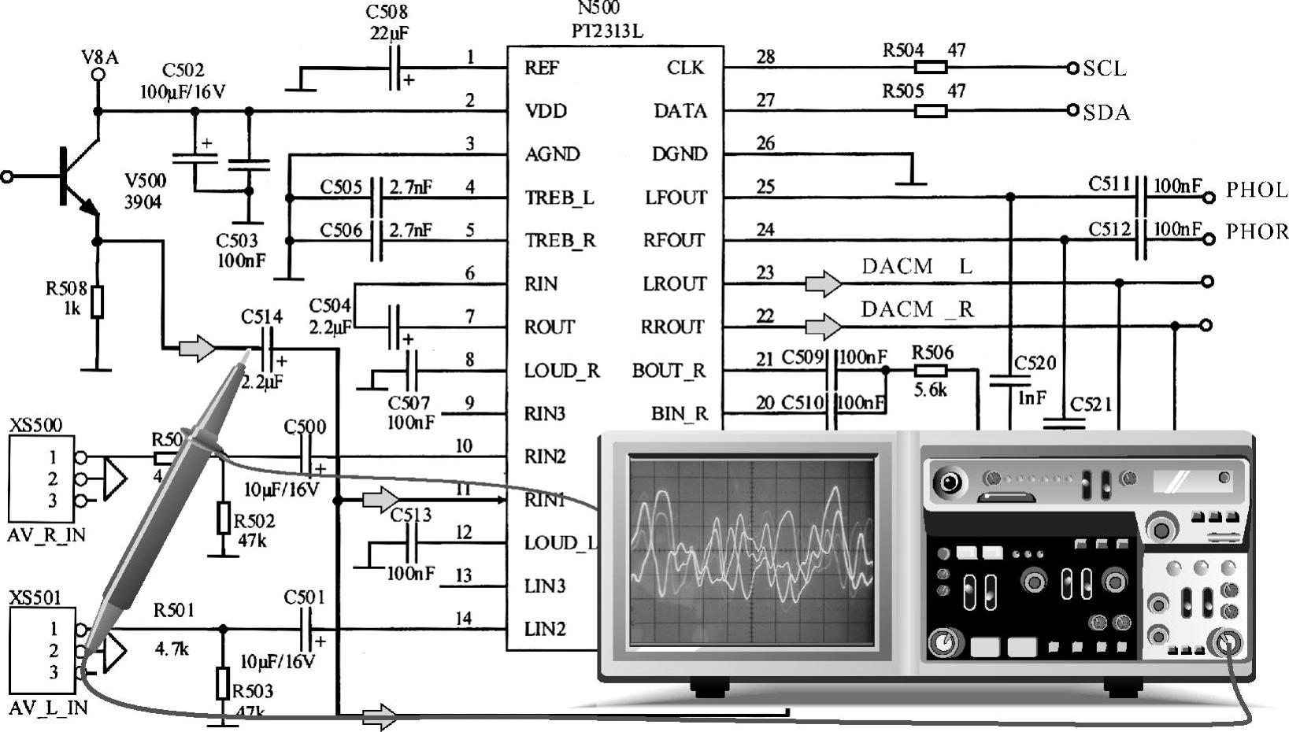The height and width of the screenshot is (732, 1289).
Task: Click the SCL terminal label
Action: point(1104,68)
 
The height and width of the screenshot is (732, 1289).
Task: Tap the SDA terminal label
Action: point(1106,113)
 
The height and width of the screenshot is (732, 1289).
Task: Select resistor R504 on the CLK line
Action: point(930,68)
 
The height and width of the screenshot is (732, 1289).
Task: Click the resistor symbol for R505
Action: point(930,111)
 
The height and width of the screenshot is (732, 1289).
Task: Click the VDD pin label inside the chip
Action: point(546,111)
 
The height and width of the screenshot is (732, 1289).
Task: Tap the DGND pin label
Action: point(679,154)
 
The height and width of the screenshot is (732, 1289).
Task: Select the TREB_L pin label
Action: point(559,198)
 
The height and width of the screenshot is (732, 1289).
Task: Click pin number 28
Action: point(765,57)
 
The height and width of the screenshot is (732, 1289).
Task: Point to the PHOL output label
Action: point(1256,190)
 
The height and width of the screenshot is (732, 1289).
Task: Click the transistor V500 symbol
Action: point(75,176)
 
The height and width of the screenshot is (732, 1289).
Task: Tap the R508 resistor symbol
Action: point(97,301)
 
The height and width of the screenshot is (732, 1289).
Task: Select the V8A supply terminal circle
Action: point(98,75)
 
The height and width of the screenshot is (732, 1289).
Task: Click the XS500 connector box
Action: point(41,479)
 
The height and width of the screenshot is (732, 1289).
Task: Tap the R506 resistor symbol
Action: point(930,370)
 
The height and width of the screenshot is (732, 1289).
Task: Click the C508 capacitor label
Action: point(387,13)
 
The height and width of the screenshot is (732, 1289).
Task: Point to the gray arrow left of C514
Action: point(196,347)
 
